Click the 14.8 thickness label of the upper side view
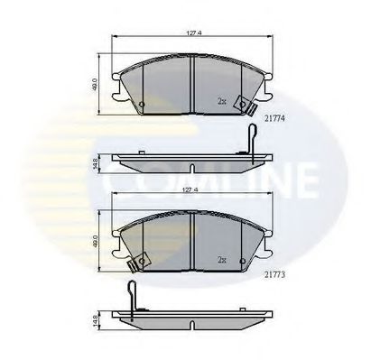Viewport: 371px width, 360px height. [96, 164]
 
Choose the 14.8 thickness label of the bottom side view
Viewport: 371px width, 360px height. [96, 319]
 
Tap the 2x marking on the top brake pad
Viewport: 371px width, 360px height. [221, 102]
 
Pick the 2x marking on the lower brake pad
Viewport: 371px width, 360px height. [221, 258]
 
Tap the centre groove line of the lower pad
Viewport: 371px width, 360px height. [193, 240]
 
